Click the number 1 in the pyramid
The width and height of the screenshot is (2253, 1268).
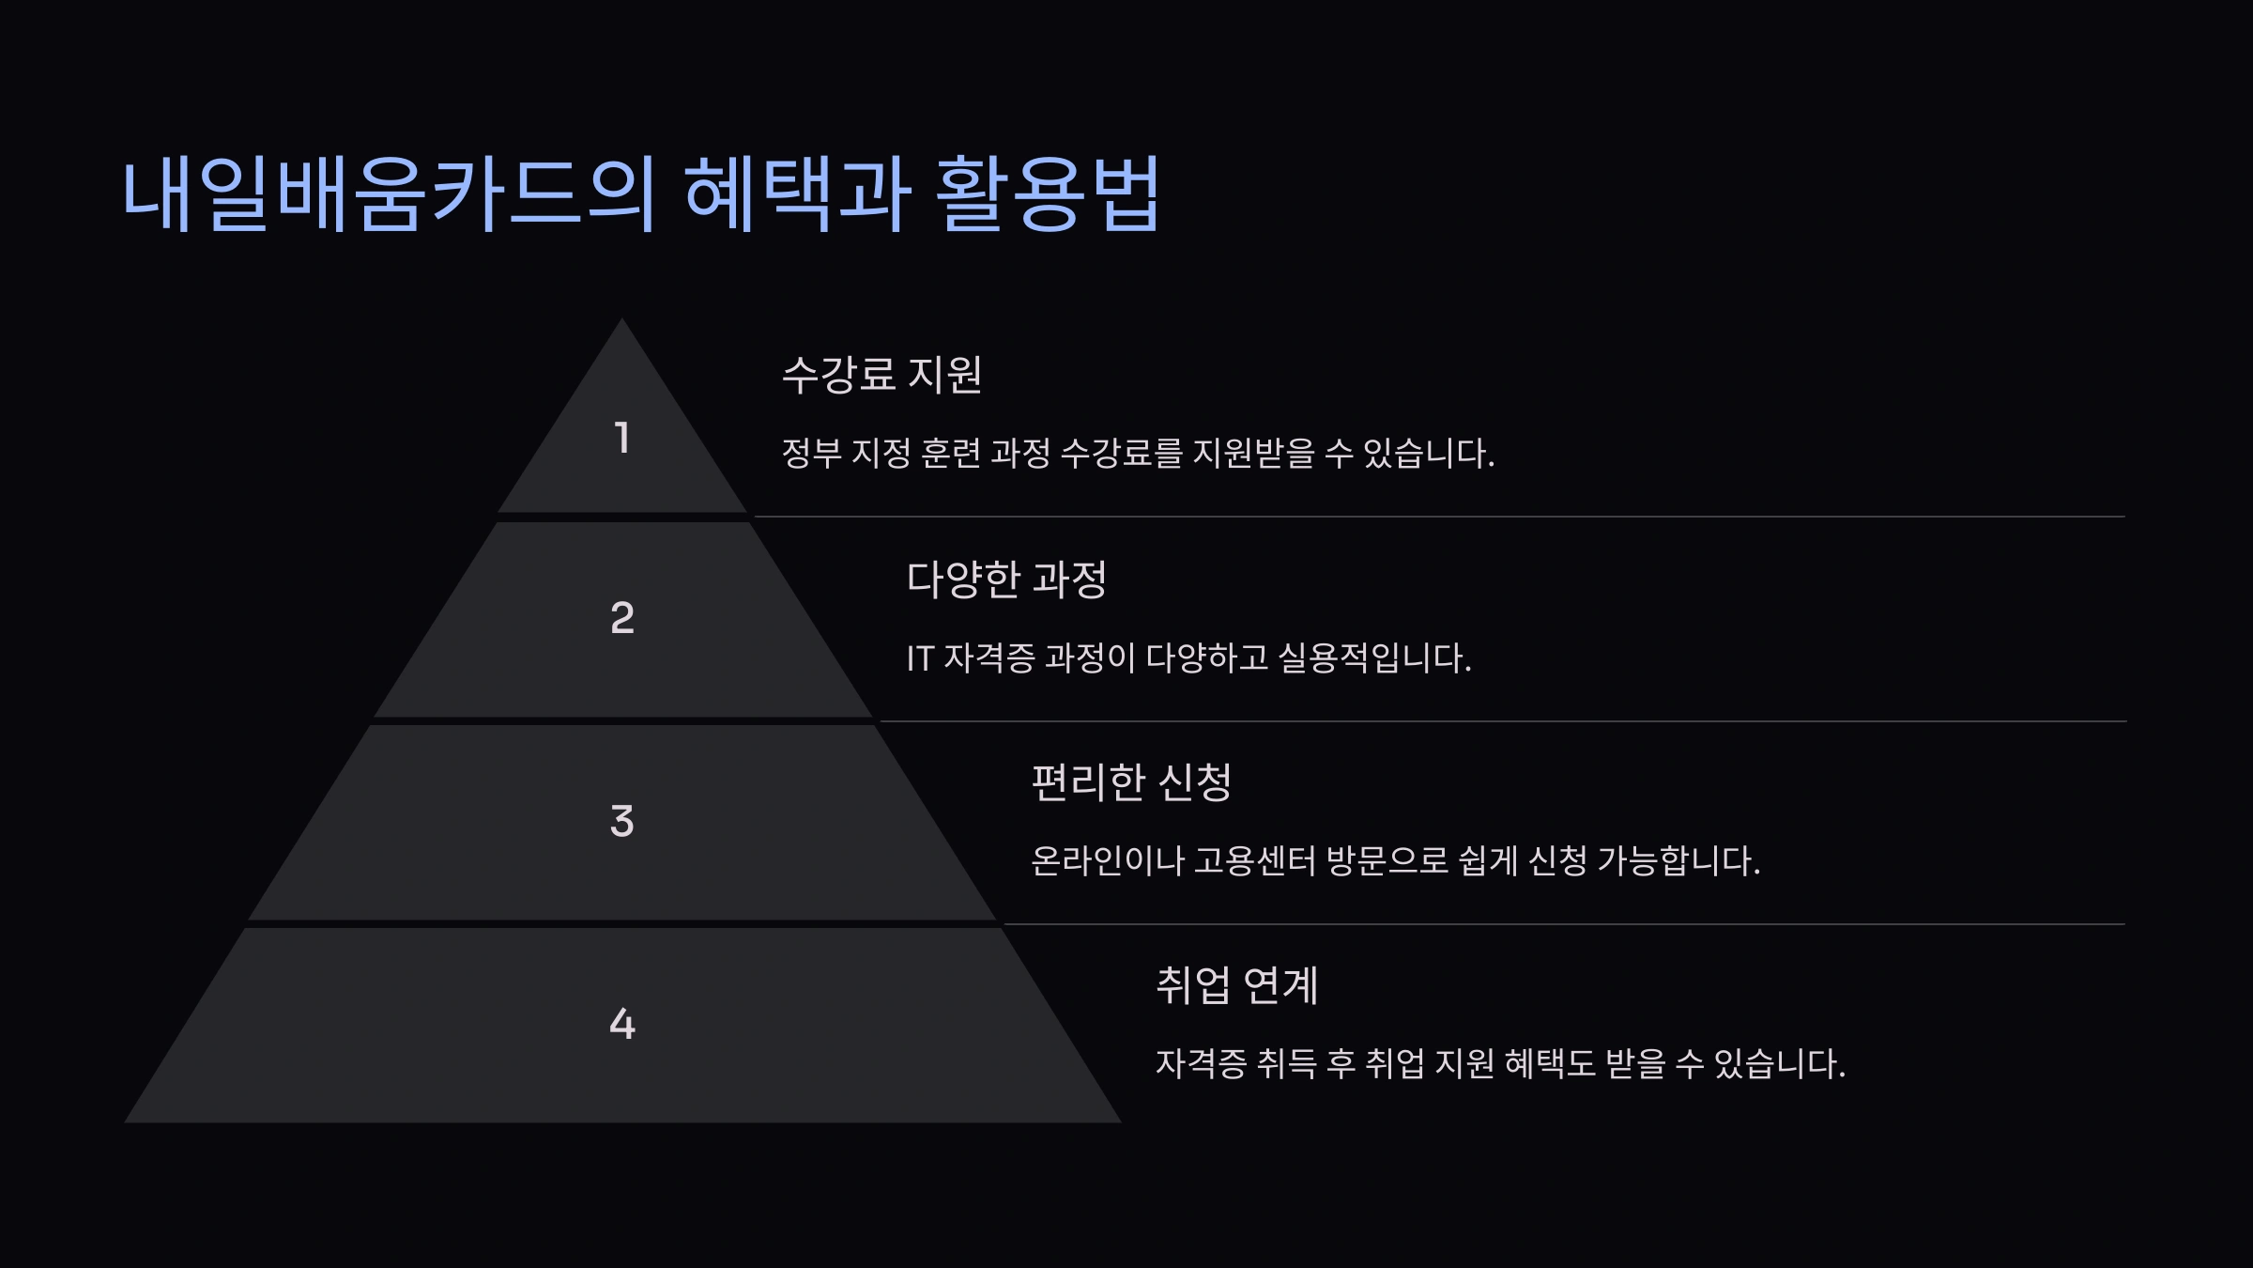click(621, 438)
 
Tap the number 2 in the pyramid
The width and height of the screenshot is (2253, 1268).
click(621, 618)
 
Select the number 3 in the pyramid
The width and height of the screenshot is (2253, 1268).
click(621, 821)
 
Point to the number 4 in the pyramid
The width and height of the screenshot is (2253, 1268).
click(621, 1024)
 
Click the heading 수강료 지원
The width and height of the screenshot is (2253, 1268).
click(881, 374)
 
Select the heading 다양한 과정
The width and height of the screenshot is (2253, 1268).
click(1006, 579)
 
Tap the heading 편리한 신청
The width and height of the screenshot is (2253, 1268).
click(1131, 781)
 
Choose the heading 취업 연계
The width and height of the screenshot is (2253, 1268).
click(1236, 985)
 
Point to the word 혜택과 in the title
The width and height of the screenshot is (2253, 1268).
click(797, 194)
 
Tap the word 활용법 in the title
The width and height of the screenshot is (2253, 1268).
click(1049, 194)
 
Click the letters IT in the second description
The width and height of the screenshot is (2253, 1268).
click(919, 658)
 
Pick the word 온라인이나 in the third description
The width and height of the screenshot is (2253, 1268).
click(1107, 860)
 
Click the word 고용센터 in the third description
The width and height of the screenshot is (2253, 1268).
click(1254, 860)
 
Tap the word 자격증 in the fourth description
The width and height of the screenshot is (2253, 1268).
click(1201, 1063)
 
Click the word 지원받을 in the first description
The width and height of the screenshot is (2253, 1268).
click(1253, 454)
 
